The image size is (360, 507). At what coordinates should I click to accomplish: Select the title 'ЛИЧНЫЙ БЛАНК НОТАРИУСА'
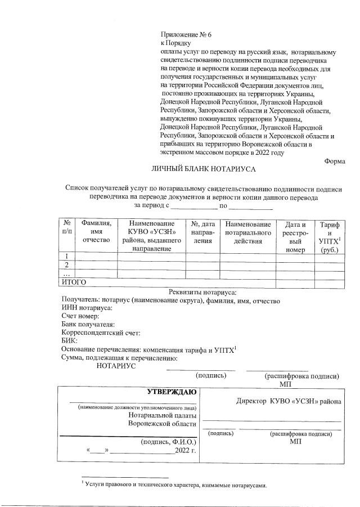coord(204,169)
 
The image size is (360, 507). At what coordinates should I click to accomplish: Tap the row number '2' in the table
coord(67,265)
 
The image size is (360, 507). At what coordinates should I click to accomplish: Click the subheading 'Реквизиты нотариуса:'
coord(202,291)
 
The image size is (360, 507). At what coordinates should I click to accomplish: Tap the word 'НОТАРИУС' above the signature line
coord(116,366)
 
